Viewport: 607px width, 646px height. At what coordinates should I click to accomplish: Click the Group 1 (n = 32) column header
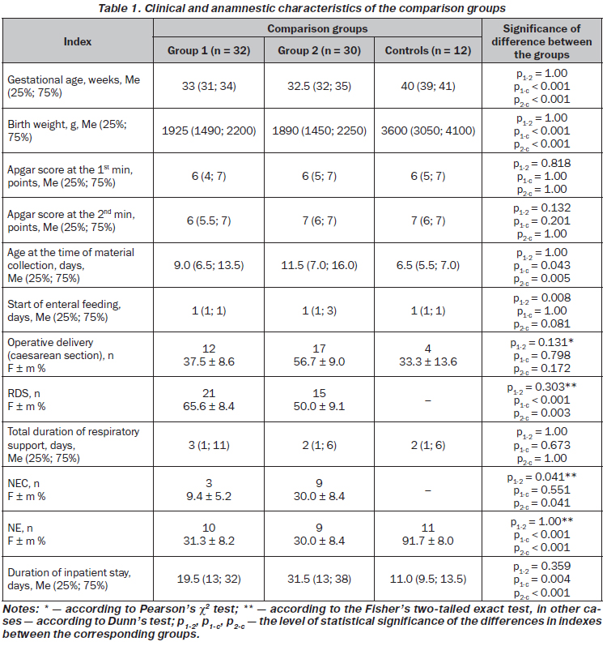(209, 51)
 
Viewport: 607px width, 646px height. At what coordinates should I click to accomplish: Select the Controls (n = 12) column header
(428, 51)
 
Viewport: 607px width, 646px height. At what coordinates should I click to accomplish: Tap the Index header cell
(78, 41)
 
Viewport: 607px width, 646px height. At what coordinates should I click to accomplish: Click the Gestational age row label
(74, 86)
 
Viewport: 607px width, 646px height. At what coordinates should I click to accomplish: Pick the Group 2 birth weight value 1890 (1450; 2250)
(319, 131)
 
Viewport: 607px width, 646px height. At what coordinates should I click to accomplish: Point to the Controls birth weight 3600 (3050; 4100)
(428, 131)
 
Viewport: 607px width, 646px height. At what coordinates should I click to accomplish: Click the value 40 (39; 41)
(428, 87)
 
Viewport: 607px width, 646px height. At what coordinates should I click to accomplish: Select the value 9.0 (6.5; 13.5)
(209, 265)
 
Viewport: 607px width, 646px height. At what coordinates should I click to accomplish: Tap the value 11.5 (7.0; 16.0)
(319, 265)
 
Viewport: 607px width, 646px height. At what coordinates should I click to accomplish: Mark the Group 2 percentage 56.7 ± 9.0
(319, 362)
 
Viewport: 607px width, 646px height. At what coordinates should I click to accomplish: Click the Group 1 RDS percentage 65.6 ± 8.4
(209, 407)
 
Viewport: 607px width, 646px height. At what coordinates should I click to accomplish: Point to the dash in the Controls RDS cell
(428, 400)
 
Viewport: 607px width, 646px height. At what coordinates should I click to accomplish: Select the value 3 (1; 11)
(209, 445)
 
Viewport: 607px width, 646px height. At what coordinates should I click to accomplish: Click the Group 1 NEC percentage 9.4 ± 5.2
(209, 496)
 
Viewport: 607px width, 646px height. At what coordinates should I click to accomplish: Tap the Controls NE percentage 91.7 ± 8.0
(428, 541)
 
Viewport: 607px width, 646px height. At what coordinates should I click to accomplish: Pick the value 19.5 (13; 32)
(209, 580)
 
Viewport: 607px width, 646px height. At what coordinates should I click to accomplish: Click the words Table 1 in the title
(119, 8)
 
